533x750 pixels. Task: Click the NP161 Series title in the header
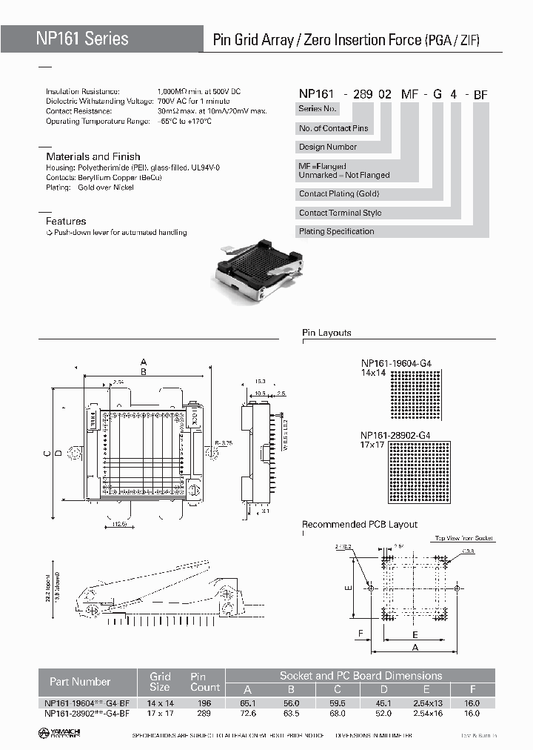coord(82,39)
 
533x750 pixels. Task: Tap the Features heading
coord(66,221)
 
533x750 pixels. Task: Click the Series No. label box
coord(318,109)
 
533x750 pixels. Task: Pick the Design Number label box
coord(328,147)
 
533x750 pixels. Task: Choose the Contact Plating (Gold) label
coord(338,193)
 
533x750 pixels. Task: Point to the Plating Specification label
coord(336,231)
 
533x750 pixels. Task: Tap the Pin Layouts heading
coord(326,333)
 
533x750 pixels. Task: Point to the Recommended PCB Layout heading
coord(360,525)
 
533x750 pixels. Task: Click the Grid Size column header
coord(161,681)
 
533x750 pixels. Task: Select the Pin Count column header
coord(198,681)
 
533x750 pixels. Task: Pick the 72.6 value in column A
coord(248,713)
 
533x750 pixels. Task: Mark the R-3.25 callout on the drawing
coord(224,442)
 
